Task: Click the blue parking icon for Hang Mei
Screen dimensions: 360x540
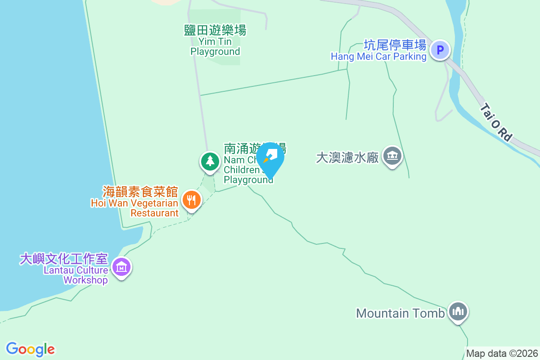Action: pyautogui.click(x=440, y=49)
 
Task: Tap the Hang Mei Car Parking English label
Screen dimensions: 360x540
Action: pyautogui.click(x=378, y=57)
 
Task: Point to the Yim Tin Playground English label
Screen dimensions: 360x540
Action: pyautogui.click(x=215, y=47)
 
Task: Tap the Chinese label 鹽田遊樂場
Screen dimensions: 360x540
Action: pyautogui.click(x=215, y=30)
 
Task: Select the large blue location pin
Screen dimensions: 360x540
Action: pyautogui.click(x=270, y=158)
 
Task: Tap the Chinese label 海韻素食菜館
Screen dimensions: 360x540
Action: pyautogui.click(x=140, y=191)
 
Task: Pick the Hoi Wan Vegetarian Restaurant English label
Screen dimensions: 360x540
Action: pyautogui.click(x=135, y=208)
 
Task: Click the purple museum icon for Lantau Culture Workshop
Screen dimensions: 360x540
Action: pyautogui.click(x=121, y=267)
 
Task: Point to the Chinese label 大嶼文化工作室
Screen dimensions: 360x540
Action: pyautogui.click(x=64, y=259)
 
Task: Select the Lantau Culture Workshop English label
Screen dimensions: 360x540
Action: pyautogui.click(x=76, y=275)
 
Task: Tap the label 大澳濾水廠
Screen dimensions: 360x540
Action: pyautogui.click(x=347, y=157)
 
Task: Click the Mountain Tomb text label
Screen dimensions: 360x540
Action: pyautogui.click(x=400, y=313)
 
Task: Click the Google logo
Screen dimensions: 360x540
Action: pyautogui.click(x=30, y=349)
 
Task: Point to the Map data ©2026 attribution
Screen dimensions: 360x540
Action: pyautogui.click(x=502, y=353)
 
